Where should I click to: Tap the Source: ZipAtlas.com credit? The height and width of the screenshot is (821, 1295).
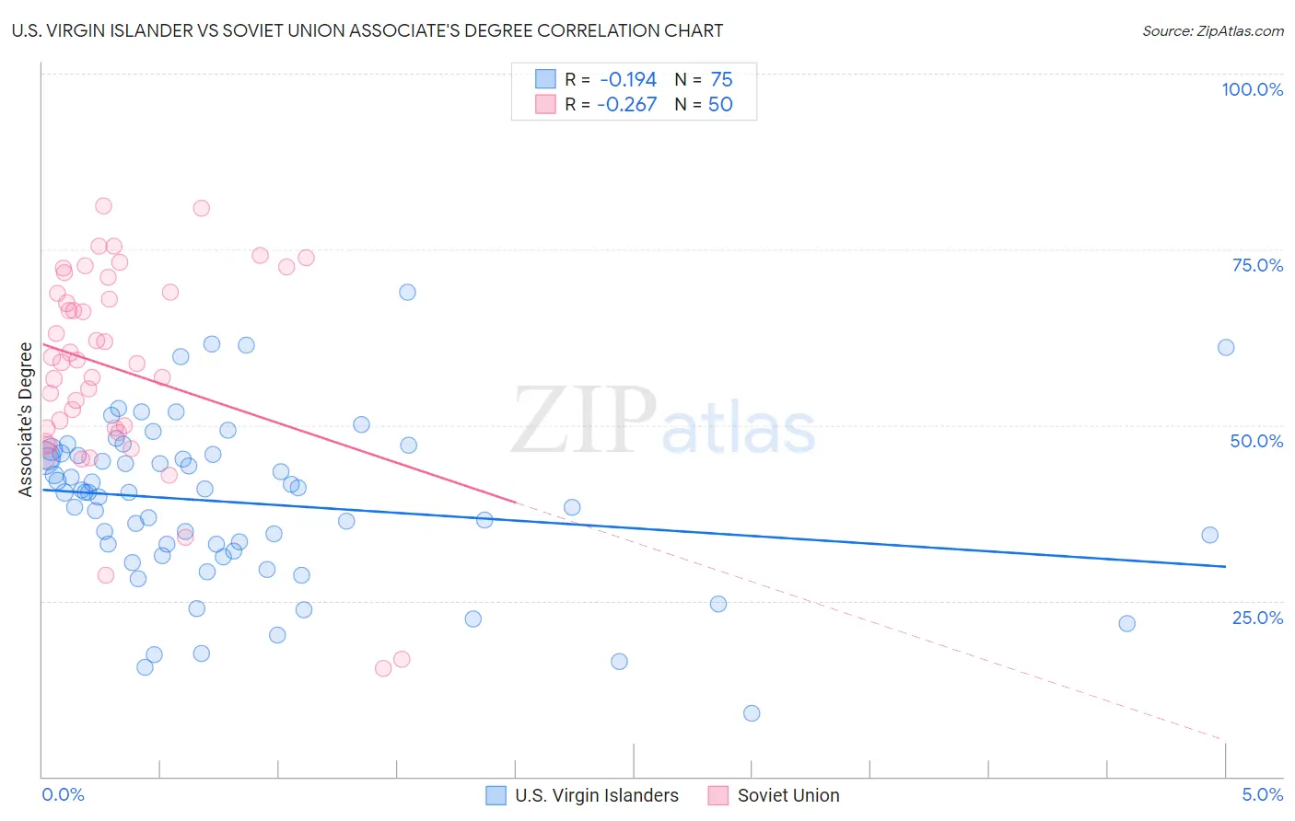pyautogui.click(x=1212, y=30)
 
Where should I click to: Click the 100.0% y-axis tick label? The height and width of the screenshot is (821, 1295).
pyautogui.click(x=1252, y=89)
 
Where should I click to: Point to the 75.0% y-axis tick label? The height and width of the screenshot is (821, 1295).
pyautogui.click(x=1257, y=265)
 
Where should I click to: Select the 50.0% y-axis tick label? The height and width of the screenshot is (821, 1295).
pyautogui.click(x=1256, y=441)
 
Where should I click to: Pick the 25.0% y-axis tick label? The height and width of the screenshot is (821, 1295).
pyautogui.click(x=1257, y=618)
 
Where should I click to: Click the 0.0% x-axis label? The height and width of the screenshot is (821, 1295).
pyautogui.click(x=64, y=794)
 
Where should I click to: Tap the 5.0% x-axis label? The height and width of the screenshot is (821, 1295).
pyautogui.click(x=1263, y=794)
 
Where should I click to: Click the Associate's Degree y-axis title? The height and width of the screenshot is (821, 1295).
pyautogui.click(x=26, y=419)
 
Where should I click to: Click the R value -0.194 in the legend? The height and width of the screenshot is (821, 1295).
pyautogui.click(x=627, y=80)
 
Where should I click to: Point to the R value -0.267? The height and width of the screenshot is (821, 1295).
pyautogui.click(x=627, y=105)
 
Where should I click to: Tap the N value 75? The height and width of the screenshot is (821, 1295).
pyautogui.click(x=721, y=80)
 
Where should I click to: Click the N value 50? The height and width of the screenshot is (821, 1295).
pyautogui.click(x=720, y=105)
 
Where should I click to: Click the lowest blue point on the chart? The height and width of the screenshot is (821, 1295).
pyautogui.click(x=752, y=713)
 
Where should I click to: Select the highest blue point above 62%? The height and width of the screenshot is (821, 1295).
pyautogui.click(x=407, y=292)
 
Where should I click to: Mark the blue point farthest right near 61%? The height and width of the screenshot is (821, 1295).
pyautogui.click(x=1226, y=347)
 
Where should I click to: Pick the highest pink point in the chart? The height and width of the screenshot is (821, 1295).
pyautogui.click(x=103, y=206)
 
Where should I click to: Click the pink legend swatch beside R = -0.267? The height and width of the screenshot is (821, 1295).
pyautogui.click(x=545, y=104)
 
